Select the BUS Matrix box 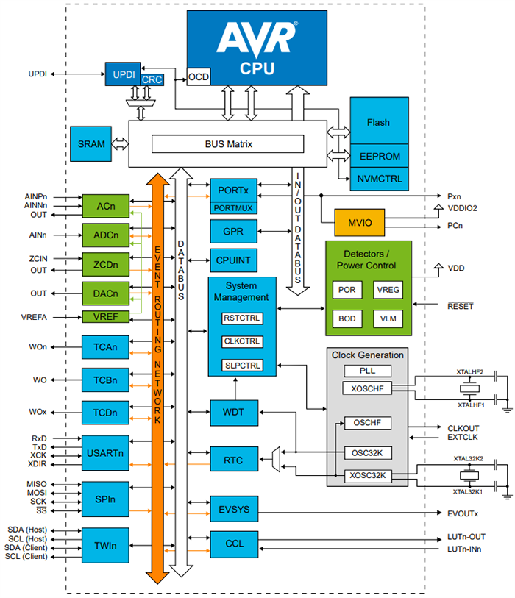pyautogui.click(x=227, y=144)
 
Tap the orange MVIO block pyautogui.click(x=356, y=220)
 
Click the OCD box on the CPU pyautogui.click(x=198, y=76)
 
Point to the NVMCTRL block pyautogui.click(x=378, y=177)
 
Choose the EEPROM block pyautogui.click(x=378, y=156)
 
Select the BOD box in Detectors pyautogui.click(x=347, y=319)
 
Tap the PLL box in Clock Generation pyautogui.click(x=367, y=371)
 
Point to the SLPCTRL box pyautogui.click(x=242, y=365)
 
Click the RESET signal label pyautogui.click(x=461, y=306)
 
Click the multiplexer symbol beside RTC pyautogui.click(x=276, y=460)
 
